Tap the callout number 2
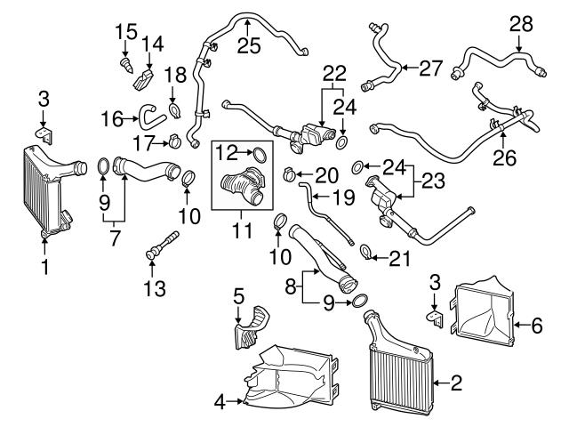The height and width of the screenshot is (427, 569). tap(455, 384)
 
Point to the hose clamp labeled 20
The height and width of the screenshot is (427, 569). tap(290, 172)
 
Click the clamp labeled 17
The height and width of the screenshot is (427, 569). tap(175, 139)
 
